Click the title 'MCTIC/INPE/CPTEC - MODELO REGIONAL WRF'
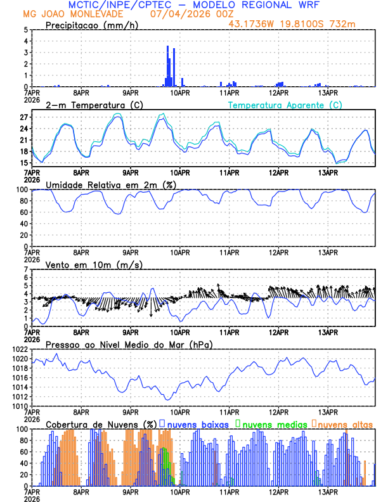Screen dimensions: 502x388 [x=194, y=5]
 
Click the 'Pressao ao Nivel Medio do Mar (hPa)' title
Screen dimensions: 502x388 [x=129, y=344]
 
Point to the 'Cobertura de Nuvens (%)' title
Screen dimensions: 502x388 [x=101, y=423]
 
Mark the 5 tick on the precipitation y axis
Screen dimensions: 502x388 [x=25, y=30]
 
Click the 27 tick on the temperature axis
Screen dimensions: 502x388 [x=23, y=117]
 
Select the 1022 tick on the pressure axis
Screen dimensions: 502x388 [x=20, y=349]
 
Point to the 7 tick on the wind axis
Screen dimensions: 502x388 [x=25, y=269]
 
